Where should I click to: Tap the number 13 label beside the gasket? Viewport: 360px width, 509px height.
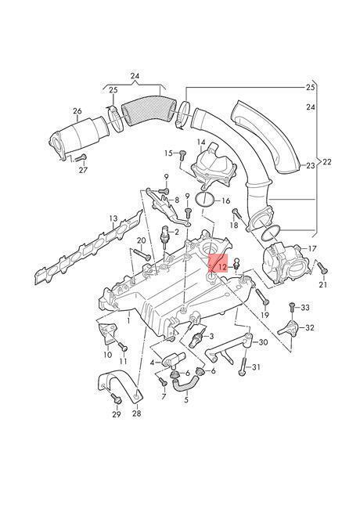[x=113, y=219]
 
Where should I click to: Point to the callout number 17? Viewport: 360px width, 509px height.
[x=312, y=248]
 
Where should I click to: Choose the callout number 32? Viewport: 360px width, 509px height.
[x=309, y=327]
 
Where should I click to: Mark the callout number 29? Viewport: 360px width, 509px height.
[x=116, y=413]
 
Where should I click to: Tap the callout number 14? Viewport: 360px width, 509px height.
[x=201, y=144]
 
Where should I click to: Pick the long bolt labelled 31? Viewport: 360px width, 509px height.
[x=244, y=365]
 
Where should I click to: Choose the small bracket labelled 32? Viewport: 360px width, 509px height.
[x=290, y=328]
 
